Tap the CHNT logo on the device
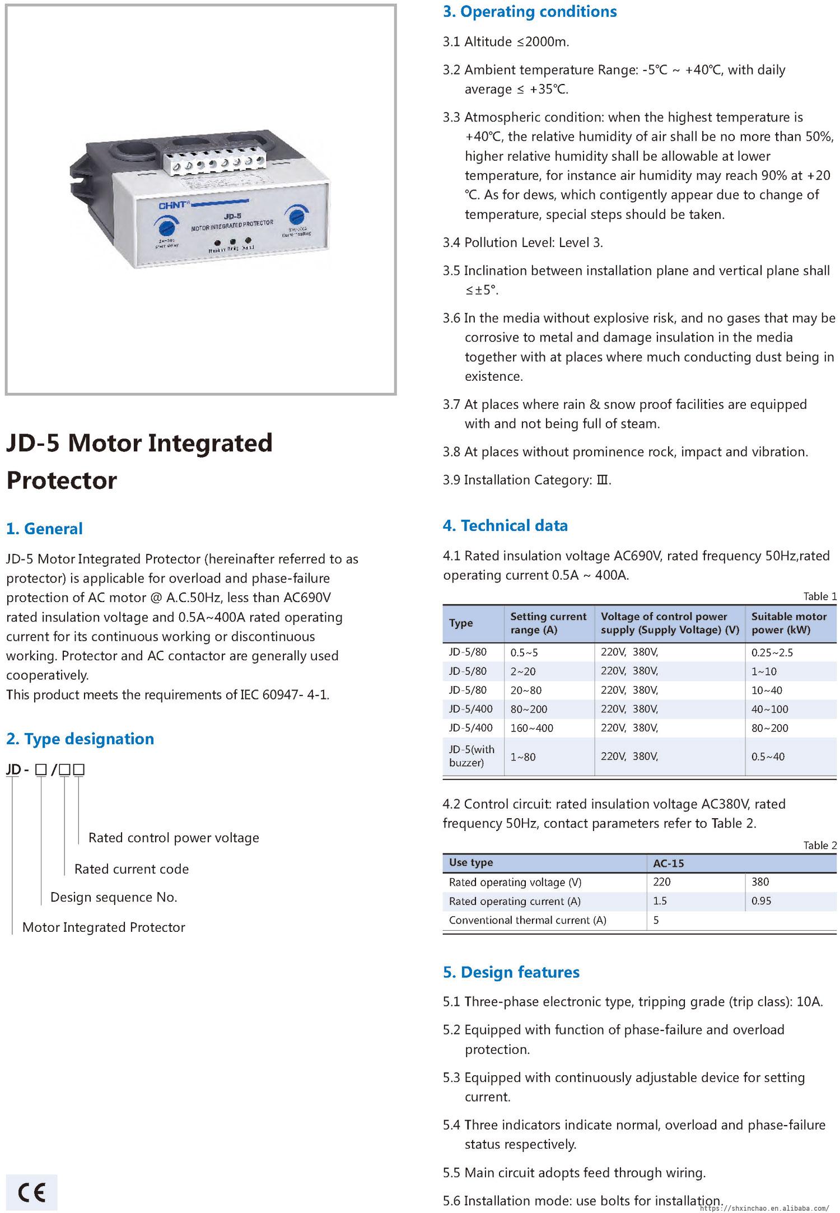point(175,205)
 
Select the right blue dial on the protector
point(296,216)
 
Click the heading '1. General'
point(44,529)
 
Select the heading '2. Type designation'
point(80,739)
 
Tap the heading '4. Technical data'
point(505,525)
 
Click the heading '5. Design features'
point(511,972)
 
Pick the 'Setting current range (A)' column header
point(548,623)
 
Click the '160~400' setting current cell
point(531,728)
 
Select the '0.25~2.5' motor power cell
point(772,652)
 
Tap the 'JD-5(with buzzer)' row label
point(472,756)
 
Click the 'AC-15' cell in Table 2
point(669,863)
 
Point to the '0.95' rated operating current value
point(762,901)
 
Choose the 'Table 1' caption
point(820,596)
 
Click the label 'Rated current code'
point(132,869)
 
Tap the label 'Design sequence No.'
point(114,897)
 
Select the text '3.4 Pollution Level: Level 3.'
point(522,242)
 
